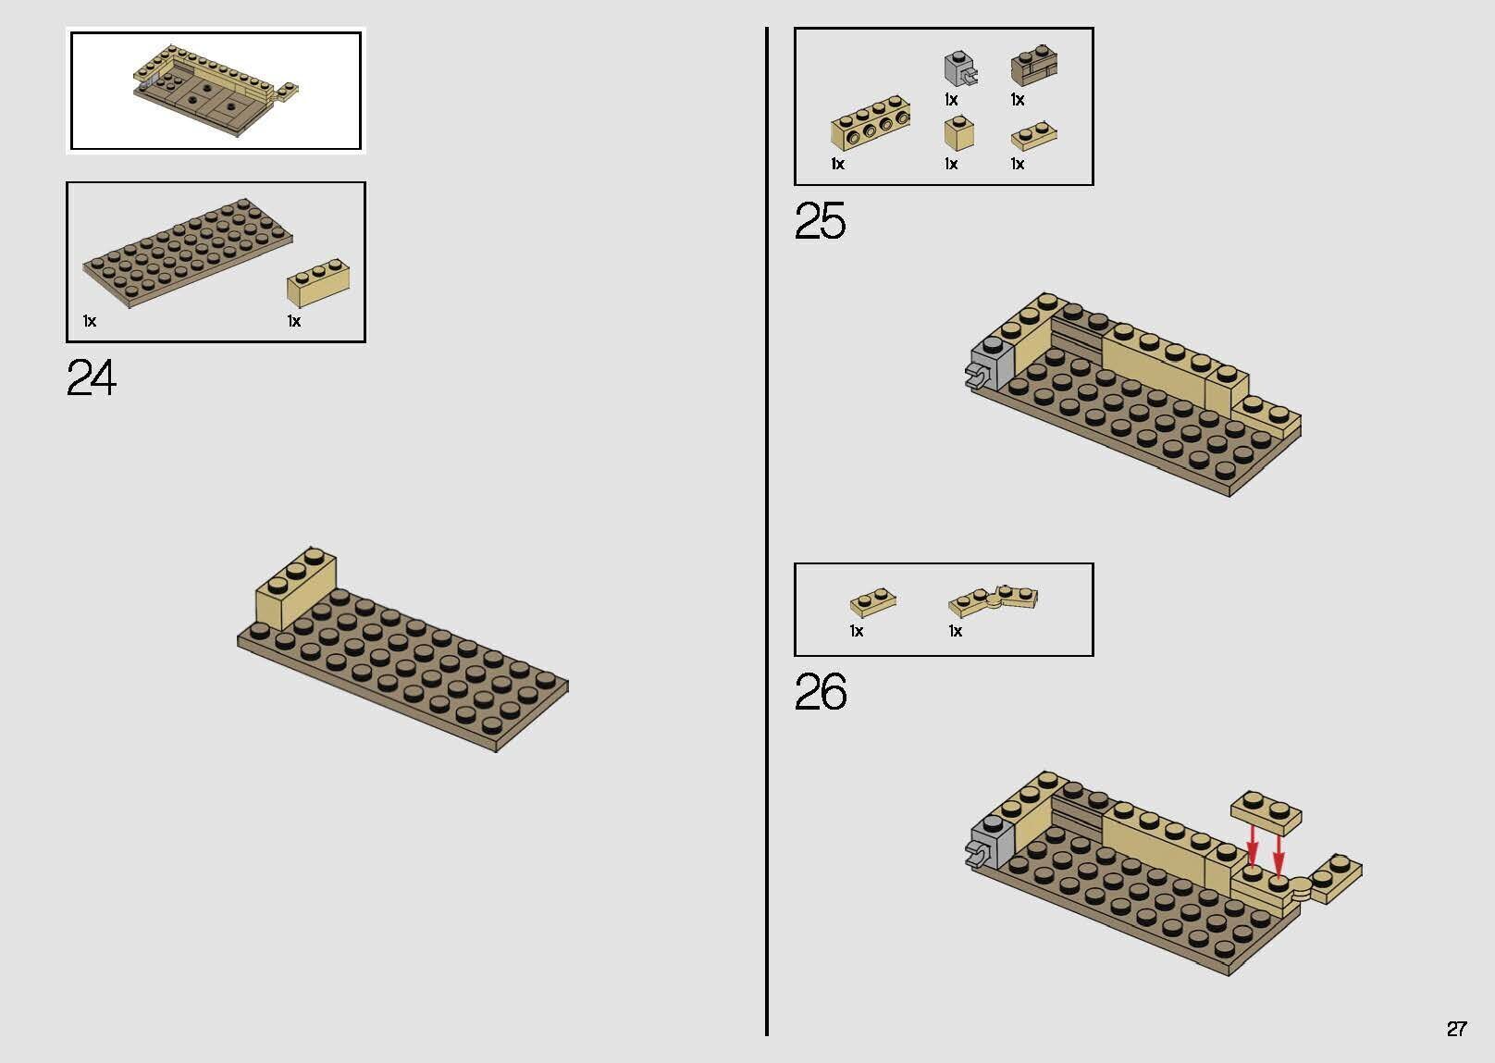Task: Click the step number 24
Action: click(x=92, y=377)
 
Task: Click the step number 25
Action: click(x=821, y=221)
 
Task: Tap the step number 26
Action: click(x=821, y=691)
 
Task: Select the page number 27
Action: click(x=1456, y=1028)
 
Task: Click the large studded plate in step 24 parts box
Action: click(x=188, y=253)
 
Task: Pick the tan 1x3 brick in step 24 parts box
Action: click(x=318, y=282)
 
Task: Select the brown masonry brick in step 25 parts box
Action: click(x=1033, y=67)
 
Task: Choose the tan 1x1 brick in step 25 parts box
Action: click(x=959, y=133)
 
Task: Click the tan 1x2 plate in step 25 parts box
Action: click(x=1033, y=137)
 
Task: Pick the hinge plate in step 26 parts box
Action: click(x=993, y=600)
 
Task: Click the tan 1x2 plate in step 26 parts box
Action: click(x=873, y=602)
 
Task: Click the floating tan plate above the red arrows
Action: click(x=1266, y=813)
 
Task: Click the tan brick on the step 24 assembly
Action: click(x=296, y=587)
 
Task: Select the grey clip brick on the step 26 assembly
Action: click(x=990, y=843)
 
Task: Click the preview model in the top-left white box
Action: click(x=215, y=90)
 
